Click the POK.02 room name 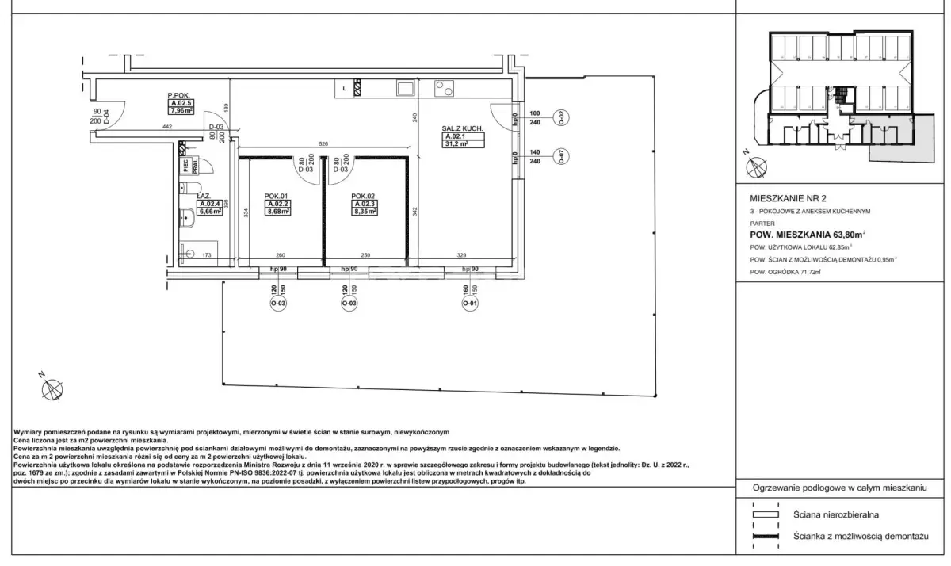(x=362, y=196)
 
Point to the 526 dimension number (x=323, y=143)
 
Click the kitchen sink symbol (x=404, y=88)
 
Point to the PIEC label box (x=185, y=166)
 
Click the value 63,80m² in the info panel (x=839, y=234)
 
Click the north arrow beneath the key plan (x=756, y=166)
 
